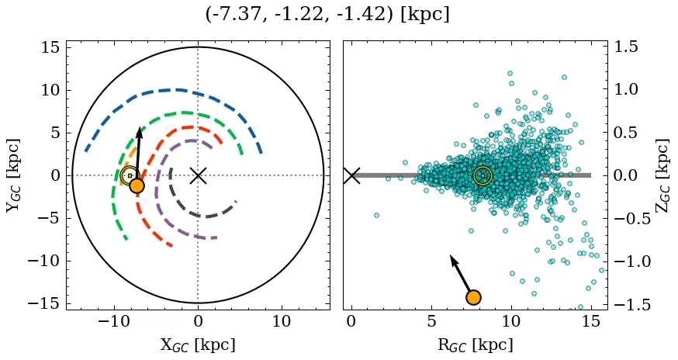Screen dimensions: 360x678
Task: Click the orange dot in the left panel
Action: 137,185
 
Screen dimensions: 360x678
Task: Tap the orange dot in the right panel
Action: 473,297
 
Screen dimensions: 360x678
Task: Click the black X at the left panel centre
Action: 198,175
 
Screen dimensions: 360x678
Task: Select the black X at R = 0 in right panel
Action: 351,175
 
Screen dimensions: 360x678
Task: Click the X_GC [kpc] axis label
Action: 198,344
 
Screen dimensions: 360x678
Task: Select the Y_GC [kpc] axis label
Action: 12,175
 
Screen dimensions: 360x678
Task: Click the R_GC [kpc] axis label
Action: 475,344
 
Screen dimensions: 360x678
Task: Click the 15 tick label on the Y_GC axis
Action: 50,47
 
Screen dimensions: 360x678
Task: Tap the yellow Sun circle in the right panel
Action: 483,176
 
